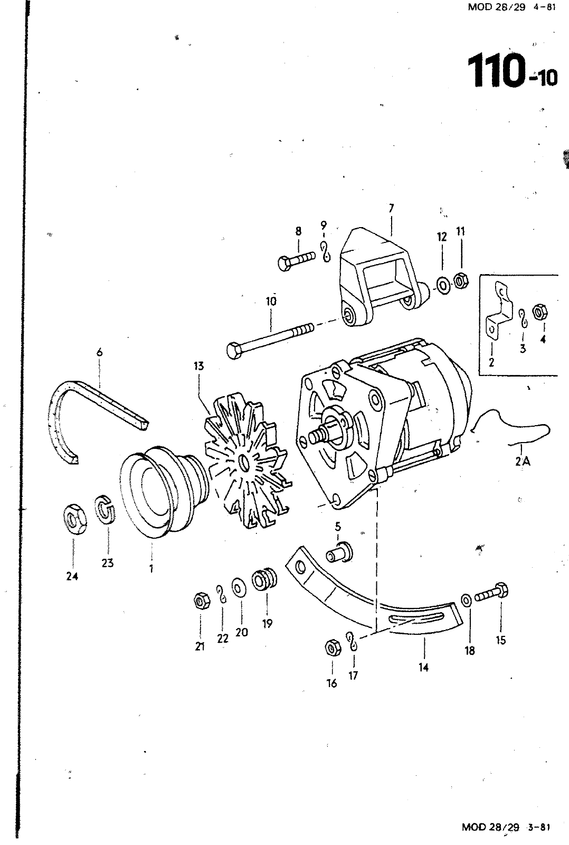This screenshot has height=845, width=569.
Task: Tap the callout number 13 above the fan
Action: click(198, 366)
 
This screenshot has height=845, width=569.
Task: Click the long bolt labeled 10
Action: click(269, 337)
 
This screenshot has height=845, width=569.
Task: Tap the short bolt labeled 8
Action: click(296, 260)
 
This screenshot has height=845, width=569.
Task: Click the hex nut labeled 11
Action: click(459, 280)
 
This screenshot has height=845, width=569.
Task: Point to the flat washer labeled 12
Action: click(442, 285)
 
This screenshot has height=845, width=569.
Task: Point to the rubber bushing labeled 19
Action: click(264, 580)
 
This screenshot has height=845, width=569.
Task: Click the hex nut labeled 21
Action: click(200, 600)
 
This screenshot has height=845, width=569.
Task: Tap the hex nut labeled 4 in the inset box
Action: click(539, 312)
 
